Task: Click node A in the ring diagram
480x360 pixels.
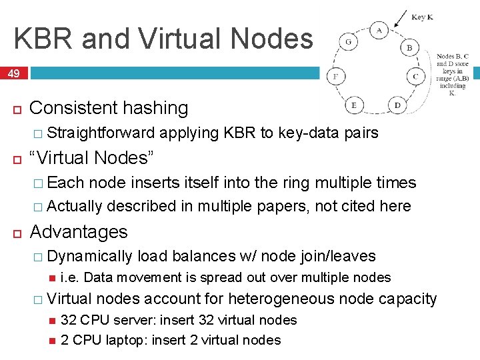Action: click(x=379, y=31)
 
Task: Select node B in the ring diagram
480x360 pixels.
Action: click(x=409, y=48)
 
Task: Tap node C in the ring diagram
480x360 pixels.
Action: click(x=415, y=77)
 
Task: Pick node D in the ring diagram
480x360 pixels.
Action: click(x=397, y=105)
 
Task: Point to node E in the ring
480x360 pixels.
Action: click(x=353, y=105)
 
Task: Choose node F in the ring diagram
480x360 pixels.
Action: click(x=336, y=77)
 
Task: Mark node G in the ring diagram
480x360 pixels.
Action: click(x=349, y=41)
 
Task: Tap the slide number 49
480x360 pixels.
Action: click(x=13, y=73)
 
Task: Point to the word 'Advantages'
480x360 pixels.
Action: click(x=79, y=232)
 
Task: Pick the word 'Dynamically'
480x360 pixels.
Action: click(x=91, y=256)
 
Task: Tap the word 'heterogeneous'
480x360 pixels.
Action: click(x=280, y=299)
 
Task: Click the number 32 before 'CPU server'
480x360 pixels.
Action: click(x=68, y=320)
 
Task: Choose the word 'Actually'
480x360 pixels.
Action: click(x=75, y=206)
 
